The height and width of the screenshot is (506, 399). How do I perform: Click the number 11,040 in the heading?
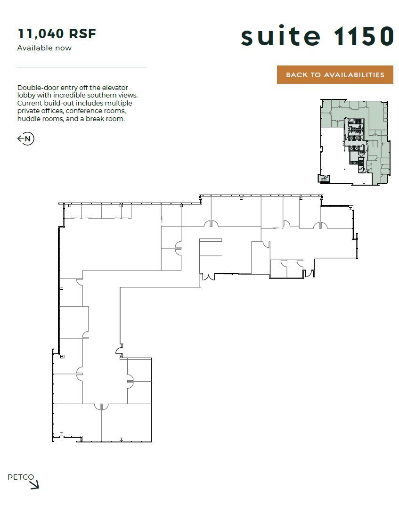point(41,34)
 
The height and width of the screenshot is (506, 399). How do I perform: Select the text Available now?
point(44,48)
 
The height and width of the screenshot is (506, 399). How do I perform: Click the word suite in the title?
point(280,36)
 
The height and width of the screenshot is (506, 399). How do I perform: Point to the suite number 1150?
point(363,36)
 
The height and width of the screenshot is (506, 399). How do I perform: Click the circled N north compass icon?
point(26,139)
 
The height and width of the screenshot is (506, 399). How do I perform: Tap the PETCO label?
point(21,477)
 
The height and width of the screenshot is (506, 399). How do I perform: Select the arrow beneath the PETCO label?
point(34,485)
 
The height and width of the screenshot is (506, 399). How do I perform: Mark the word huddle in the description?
point(28,119)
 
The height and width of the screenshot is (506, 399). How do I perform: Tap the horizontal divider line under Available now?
point(81,67)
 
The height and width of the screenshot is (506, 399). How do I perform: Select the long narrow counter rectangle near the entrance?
point(211,240)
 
